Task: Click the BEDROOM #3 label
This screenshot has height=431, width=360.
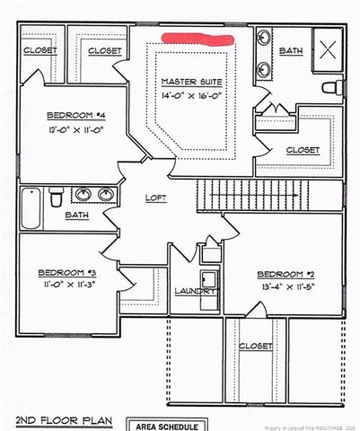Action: point(66,272)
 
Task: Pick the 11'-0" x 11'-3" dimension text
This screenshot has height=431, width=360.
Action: point(66,286)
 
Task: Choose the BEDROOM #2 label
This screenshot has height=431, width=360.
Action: point(286,274)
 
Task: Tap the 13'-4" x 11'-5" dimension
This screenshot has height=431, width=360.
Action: point(286,287)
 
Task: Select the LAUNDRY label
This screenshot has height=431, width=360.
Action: point(195,291)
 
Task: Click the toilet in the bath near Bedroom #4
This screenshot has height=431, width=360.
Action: point(55,195)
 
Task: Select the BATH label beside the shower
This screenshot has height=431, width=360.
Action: point(290,52)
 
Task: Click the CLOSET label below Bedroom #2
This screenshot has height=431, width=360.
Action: point(256,346)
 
